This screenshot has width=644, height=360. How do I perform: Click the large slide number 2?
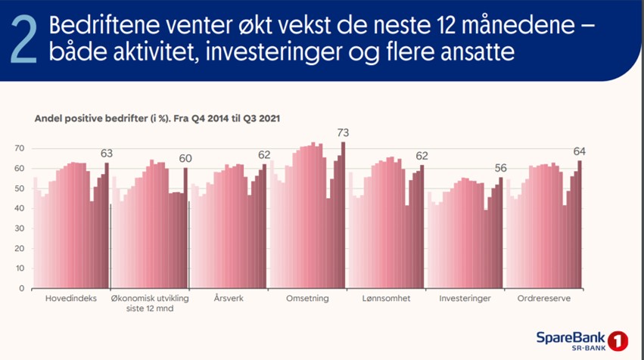point(23,41)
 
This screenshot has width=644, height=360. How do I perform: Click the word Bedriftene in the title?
point(104,25)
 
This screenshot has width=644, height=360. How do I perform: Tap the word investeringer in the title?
point(273,52)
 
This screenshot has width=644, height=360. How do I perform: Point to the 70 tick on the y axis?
point(20,148)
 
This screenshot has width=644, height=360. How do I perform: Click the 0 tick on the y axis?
point(22,289)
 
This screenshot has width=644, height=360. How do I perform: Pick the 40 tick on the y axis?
point(20,209)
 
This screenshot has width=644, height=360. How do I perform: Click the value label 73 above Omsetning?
point(343,133)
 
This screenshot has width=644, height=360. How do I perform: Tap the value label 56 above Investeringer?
point(501,169)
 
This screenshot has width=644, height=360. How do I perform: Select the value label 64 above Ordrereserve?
point(580,152)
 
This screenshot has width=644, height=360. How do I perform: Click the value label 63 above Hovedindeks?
point(107,154)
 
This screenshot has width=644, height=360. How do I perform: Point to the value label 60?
point(185,159)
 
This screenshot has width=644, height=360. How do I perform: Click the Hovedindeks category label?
point(71,299)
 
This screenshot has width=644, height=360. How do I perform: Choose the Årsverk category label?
point(229,299)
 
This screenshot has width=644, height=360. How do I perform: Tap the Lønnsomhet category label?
point(386,299)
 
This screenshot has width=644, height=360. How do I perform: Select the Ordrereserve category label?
point(544,299)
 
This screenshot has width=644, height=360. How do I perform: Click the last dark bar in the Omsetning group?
point(344,215)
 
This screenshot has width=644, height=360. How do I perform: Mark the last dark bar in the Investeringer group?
point(501,233)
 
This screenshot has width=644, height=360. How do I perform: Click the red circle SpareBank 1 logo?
point(618,341)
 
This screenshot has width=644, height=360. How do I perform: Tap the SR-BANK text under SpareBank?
point(589,348)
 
